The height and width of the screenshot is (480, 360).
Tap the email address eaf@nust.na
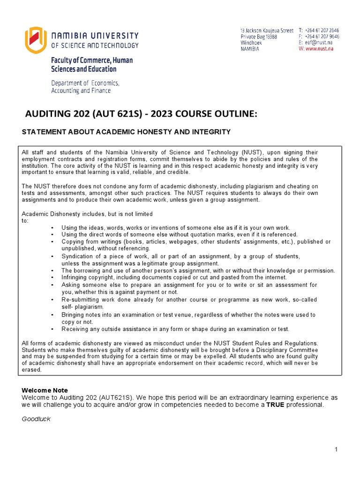tap(322, 43)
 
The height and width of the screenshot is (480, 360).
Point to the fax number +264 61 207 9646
tap(322, 37)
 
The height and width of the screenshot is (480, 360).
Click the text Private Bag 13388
tap(259, 37)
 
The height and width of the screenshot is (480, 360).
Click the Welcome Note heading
tap(45, 390)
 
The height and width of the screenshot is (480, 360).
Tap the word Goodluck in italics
tap(36, 419)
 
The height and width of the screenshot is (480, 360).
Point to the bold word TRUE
tap(276, 405)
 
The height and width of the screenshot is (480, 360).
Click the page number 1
tap(337, 450)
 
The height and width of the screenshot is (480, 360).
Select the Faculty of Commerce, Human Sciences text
tap(92, 65)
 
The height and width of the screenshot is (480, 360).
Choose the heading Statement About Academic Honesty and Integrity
tap(127, 132)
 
